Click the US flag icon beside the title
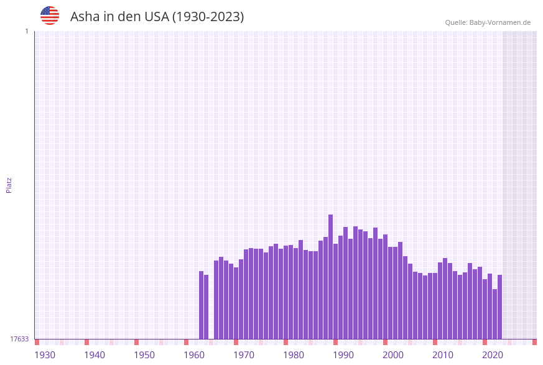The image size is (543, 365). (x=50, y=16)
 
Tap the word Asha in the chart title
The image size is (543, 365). (x=85, y=17)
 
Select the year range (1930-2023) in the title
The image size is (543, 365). (x=208, y=17)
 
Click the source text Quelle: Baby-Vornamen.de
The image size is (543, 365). (x=488, y=22)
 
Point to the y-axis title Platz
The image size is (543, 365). (x=9, y=185)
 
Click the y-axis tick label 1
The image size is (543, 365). (x=26, y=31)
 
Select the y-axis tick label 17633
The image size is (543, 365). (x=19, y=339)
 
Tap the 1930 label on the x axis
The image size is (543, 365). (x=45, y=355)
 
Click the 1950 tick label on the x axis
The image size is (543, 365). (x=144, y=355)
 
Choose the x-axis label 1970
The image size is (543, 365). (x=244, y=355)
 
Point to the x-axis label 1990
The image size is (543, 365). (x=343, y=355)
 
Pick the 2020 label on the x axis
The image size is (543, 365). (x=493, y=355)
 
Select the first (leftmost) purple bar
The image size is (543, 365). (x=202, y=305)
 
